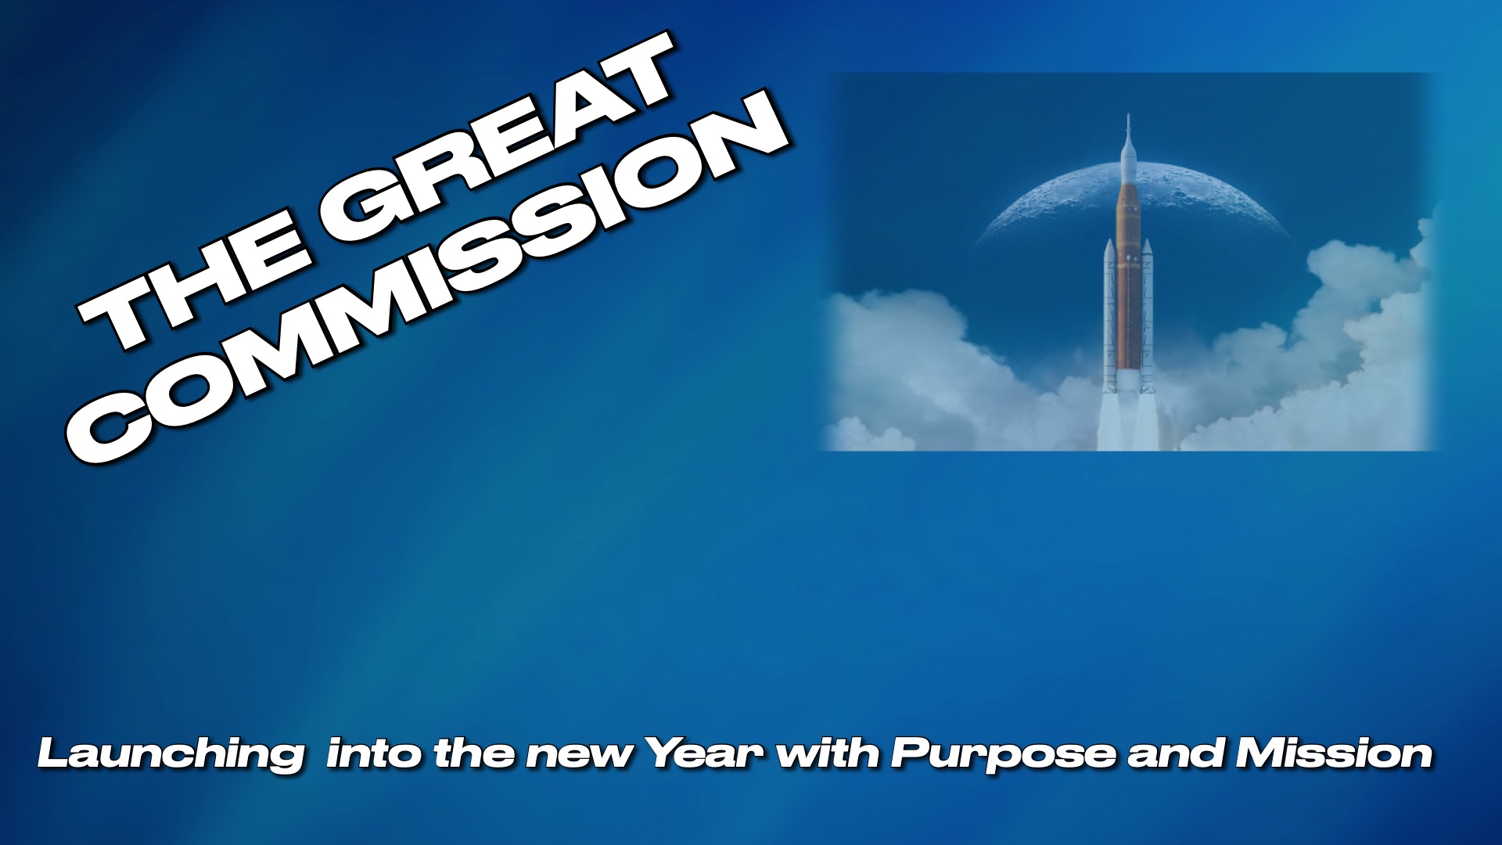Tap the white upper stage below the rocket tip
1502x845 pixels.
pos(1127,160)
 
